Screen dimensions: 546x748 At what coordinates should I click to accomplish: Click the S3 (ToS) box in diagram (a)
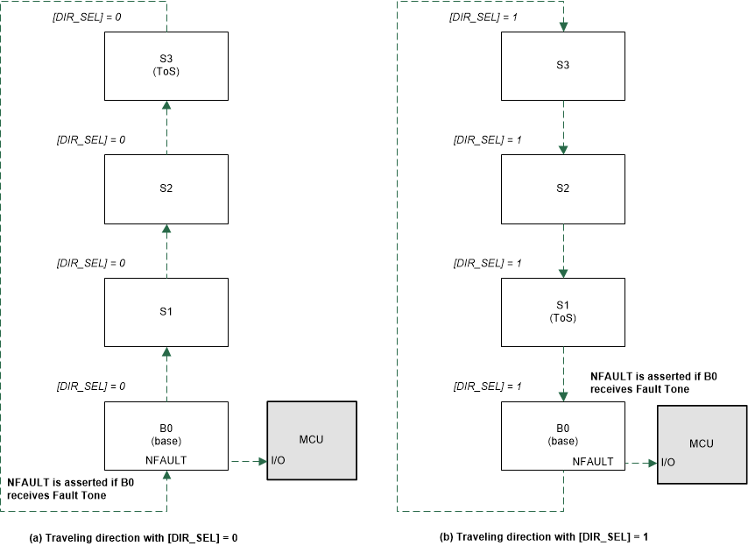[166, 66]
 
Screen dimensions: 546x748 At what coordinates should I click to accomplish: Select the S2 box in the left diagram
[166, 188]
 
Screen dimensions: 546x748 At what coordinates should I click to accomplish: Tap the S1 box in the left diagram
[166, 311]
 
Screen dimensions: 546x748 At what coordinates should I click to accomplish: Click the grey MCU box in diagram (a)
[311, 440]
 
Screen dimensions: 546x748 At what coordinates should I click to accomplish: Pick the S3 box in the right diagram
[563, 66]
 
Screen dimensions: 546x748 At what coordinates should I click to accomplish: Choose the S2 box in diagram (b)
[563, 188]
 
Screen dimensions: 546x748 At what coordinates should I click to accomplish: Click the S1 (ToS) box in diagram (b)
[563, 311]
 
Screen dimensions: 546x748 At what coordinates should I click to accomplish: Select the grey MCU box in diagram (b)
[701, 443]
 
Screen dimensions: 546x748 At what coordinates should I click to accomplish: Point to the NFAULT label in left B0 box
[166, 458]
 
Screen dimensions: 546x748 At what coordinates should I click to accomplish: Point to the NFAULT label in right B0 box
[592, 460]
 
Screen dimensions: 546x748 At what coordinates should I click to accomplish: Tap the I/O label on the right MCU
[668, 462]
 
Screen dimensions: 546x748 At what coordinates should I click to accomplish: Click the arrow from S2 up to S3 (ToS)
[166, 127]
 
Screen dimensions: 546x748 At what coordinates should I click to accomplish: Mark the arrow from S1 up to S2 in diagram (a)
[166, 250]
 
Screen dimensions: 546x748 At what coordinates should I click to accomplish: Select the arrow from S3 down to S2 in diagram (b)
[563, 127]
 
